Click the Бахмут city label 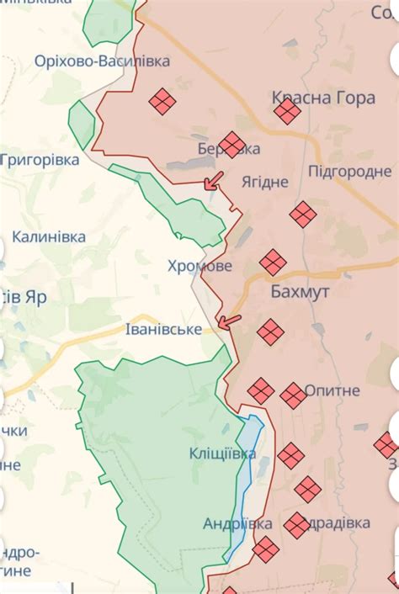(300, 292)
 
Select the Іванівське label (163, 330)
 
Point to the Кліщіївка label (223, 454)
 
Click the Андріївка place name (237, 523)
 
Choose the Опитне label (332, 390)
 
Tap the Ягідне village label (264, 182)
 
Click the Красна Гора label (323, 98)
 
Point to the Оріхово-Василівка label (102, 61)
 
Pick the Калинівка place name (49, 237)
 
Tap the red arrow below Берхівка (214, 181)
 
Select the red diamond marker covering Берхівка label (231, 145)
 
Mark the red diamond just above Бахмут (273, 263)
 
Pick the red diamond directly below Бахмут (270, 332)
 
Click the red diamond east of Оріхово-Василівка (162, 102)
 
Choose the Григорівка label (40, 159)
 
